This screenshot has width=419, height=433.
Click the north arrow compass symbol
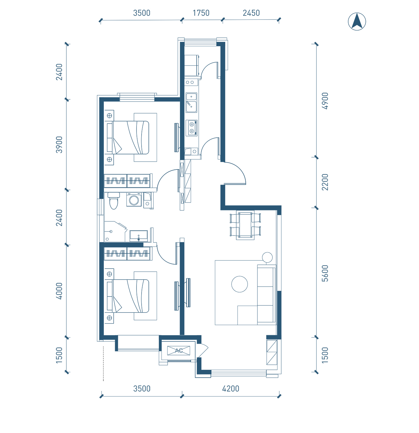(x=357, y=22)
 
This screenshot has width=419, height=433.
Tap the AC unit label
(x=179, y=350)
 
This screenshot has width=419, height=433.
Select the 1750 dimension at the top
(x=201, y=13)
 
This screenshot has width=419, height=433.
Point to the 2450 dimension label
(x=251, y=13)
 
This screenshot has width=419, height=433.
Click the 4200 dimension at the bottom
(x=231, y=388)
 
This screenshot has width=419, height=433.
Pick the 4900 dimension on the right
(x=325, y=101)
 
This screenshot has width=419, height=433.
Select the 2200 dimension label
(x=325, y=182)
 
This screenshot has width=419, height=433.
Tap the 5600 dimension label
(x=325, y=273)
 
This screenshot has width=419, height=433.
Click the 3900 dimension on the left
(x=59, y=145)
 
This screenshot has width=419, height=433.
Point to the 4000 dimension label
(x=59, y=291)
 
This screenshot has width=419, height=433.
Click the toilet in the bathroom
(x=114, y=201)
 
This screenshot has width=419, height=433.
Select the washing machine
(x=134, y=200)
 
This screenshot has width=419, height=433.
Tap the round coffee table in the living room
(x=239, y=284)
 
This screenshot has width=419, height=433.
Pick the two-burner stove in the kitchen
(x=192, y=128)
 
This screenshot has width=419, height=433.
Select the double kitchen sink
(x=191, y=103)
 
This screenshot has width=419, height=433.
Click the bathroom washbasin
(x=138, y=236)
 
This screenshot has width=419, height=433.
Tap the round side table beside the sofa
(x=267, y=258)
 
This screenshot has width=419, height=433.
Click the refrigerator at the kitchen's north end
(x=191, y=65)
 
